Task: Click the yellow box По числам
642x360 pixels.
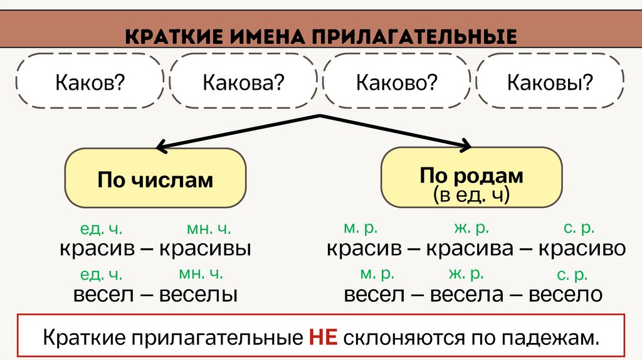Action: pos(155,180)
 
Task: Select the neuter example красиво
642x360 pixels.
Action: pos(581,249)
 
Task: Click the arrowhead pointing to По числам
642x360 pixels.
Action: pos(160,149)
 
